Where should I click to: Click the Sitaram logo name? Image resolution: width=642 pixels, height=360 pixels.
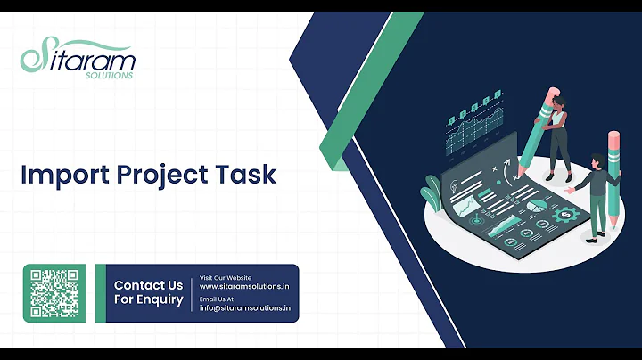coord(85,60)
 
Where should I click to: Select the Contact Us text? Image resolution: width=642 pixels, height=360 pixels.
coord(148,285)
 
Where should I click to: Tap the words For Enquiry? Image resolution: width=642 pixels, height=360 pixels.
coord(148,300)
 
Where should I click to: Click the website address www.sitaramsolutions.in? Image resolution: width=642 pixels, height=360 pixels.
coord(243,287)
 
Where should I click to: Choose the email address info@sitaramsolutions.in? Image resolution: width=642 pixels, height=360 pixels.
coord(245,307)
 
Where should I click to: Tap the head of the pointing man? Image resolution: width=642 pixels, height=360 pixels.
coord(596,161)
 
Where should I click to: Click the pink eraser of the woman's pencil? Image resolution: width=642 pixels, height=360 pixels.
coord(554,93)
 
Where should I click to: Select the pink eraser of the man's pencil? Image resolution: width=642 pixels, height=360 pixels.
coord(613,138)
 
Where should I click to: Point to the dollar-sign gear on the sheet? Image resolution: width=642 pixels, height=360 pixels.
coord(563,215)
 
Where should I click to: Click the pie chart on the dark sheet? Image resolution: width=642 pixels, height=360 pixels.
coord(538,205)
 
